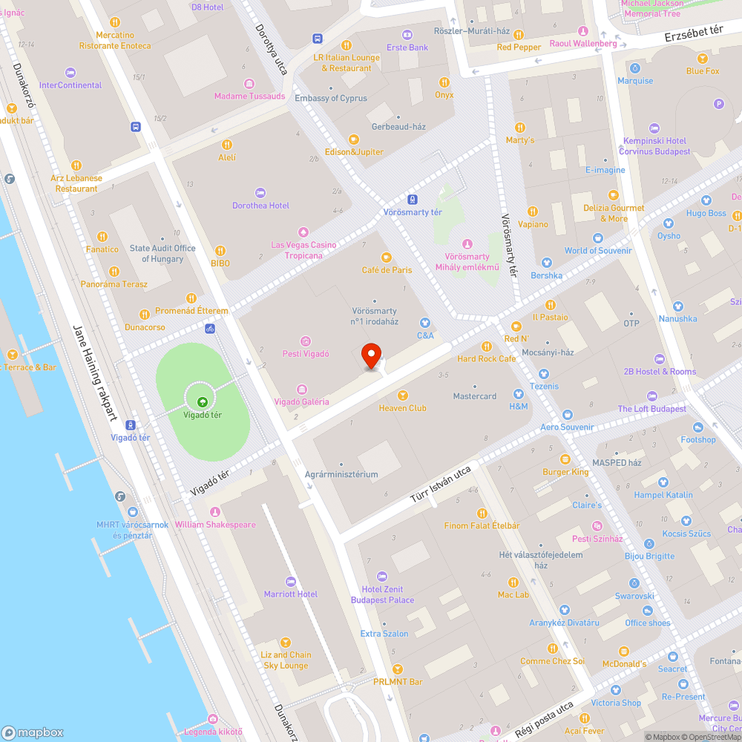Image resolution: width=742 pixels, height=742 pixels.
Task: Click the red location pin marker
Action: point(372,355)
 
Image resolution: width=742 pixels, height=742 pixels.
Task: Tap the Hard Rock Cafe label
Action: point(487,359)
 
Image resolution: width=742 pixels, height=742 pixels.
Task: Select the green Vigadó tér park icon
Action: point(202,401)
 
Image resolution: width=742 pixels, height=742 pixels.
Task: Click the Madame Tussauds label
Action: point(249,96)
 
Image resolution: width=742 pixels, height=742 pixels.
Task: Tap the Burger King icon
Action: point(565,459)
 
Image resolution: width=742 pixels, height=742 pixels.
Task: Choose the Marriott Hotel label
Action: point(291,594)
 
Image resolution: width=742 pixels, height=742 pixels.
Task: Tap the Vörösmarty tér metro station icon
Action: point(413,200)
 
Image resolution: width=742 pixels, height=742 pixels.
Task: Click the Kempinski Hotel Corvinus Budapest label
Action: point(657,146)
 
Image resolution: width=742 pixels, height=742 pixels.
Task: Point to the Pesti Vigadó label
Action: point(306,354)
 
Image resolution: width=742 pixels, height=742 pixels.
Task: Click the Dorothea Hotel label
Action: point(260,206)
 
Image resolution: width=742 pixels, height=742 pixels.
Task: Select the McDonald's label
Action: point(625,663)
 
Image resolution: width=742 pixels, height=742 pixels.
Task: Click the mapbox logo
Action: point(33,732)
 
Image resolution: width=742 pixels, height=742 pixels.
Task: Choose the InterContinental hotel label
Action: point(70,85)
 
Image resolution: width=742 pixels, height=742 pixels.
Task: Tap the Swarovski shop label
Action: point(634,596)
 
